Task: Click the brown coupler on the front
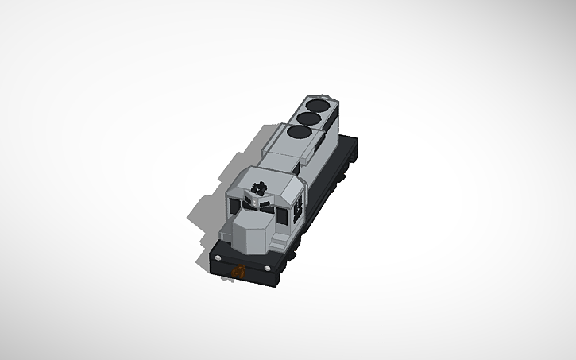click(236, 270)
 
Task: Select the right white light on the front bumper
click(274, 268)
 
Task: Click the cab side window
click(298, 208)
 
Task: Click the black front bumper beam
click(246, 266)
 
